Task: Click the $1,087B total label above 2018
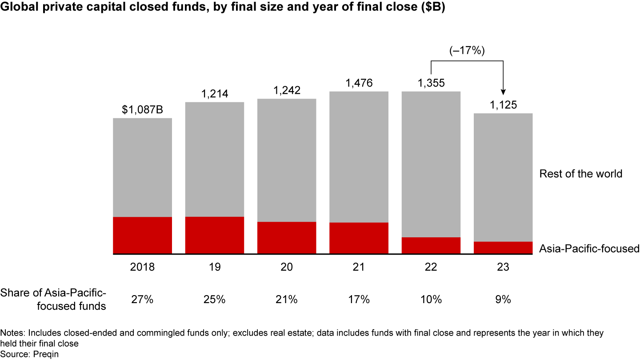142,110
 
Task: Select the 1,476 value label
359,83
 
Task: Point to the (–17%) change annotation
466,50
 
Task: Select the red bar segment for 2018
142,235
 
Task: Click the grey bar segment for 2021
359,156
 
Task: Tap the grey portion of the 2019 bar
214,159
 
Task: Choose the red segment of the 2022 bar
431,245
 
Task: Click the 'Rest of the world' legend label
580,174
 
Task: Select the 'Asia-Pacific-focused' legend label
589,248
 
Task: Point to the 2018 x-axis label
142,268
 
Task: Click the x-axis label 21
359,268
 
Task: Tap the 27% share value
142,300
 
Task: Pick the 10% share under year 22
431,300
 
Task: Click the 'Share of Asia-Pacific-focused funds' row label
53,300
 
